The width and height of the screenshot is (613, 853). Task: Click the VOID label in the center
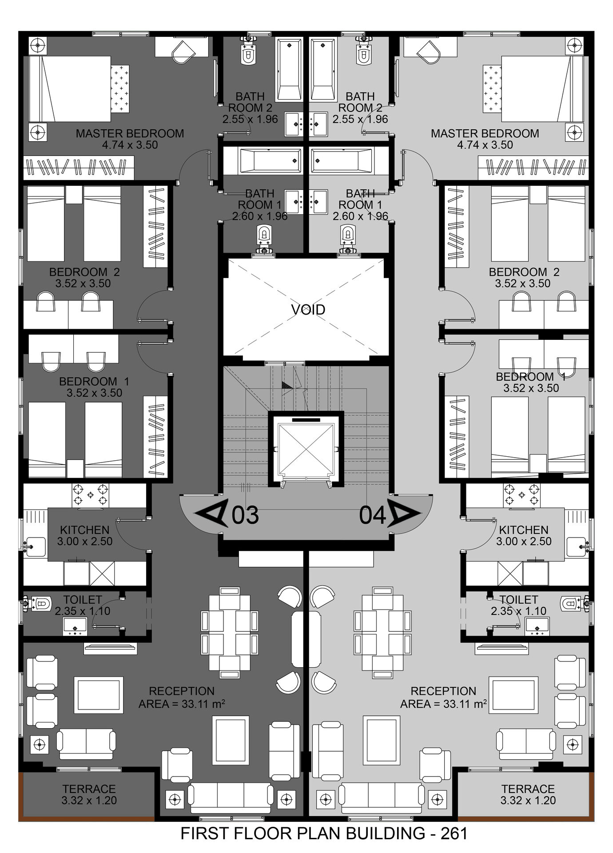tap(308, 309)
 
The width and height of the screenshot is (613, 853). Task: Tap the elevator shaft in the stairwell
tap(306, 449)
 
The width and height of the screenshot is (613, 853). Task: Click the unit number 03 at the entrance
tap(245, 515)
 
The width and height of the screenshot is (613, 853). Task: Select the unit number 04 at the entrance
tap(372, 515)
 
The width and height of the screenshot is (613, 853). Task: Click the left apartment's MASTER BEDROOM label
tap(130, 133)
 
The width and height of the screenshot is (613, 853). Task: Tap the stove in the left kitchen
tap(91, 495)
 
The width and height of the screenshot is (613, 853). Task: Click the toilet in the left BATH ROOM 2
tap(248, 51)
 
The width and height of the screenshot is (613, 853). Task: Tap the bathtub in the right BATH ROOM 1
tap(342, 160)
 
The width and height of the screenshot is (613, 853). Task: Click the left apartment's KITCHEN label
tap(84, 530)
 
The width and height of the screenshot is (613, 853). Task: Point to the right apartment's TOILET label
tap(519, 599)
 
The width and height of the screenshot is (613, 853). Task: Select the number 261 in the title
tap(454, 833)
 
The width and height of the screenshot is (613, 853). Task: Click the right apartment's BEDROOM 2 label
tap(524, 272)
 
